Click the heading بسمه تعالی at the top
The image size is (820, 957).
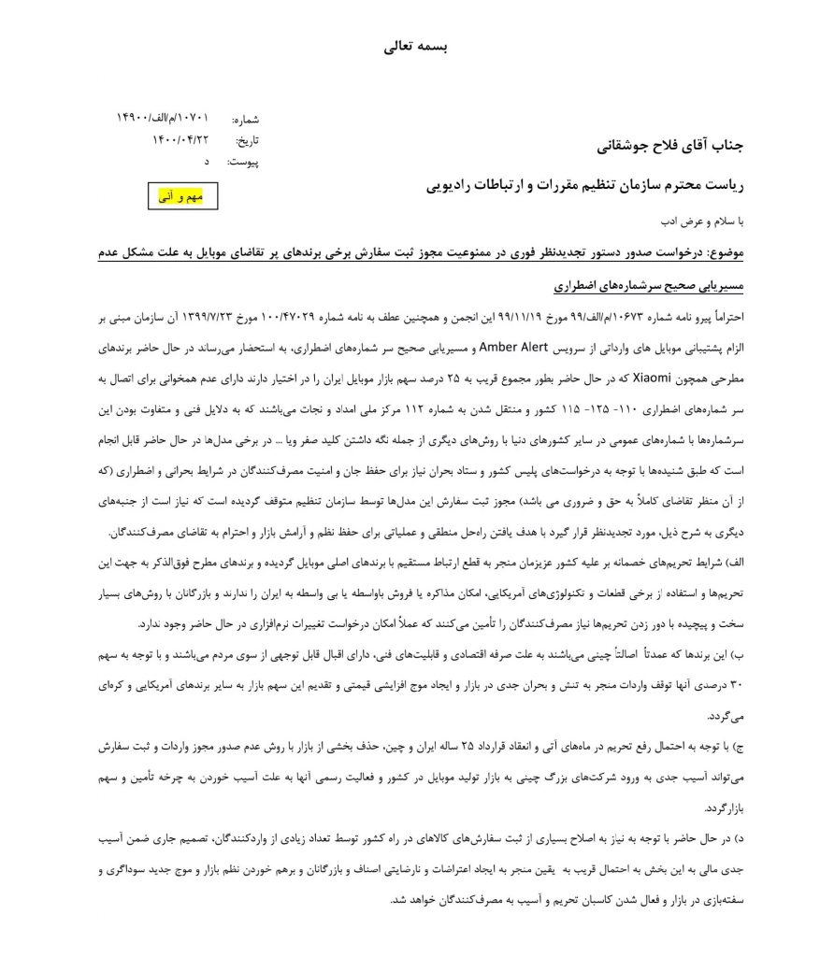coord(410,47)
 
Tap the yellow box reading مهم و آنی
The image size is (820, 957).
coord(184,196)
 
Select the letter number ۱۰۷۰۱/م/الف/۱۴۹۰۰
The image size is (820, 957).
coord(163,118)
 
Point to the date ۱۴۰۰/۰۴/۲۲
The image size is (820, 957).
coord(180,139)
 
